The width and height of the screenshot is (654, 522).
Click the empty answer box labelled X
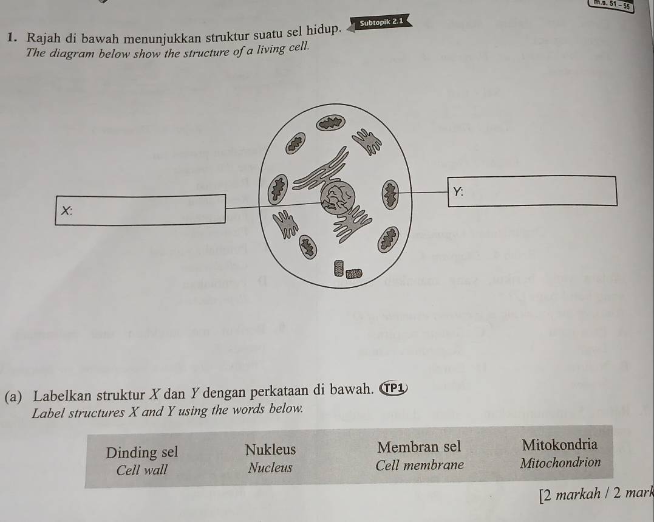[x=140, y=210]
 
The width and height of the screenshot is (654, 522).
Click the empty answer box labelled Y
[x=532, y=191]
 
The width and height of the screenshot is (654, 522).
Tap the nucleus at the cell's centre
[x=338, y=197]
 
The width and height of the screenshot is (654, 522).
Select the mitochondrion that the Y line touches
[x=391, y=194]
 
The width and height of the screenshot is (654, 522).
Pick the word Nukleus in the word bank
[x=270, y=450]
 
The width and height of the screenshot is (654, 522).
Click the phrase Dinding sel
[x=142, y=452]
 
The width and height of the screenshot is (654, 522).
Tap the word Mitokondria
[x=559, y=444]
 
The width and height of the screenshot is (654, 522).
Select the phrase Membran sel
[x=419, y=447]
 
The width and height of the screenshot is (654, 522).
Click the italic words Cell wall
[x=142, y=470]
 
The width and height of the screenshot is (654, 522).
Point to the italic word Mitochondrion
[x=560, y=462]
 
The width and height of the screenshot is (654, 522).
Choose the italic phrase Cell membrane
[x=419, y=465]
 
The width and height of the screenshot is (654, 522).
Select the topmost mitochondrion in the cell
[x=331, y=123]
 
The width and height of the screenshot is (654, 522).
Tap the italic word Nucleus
[x=270, y=468]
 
